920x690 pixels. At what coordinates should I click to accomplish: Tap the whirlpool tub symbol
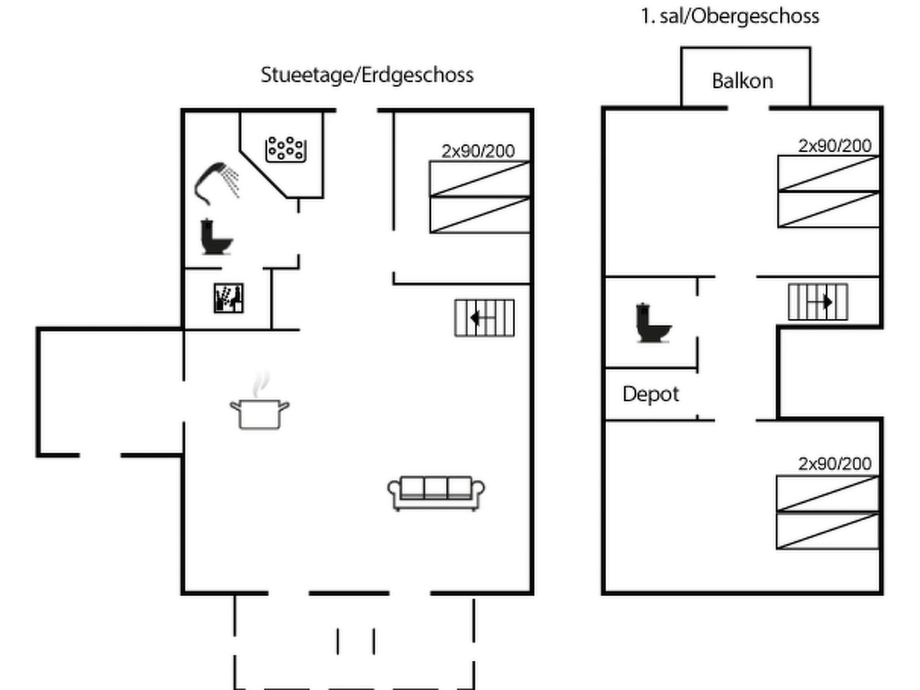coord(285,149)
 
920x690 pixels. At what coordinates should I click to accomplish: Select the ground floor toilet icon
coord(216,237)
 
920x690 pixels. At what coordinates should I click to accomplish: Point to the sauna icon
coord(228,298)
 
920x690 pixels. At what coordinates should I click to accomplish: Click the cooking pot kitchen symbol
coord(259,413)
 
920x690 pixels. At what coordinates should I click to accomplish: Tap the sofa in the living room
coord(436,493)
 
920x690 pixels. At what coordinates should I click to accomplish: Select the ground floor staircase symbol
coord(484,317)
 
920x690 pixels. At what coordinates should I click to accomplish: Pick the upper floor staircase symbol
coord(818,302)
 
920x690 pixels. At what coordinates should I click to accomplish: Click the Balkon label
coord(742,81)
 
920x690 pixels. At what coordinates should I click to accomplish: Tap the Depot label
coord(650,394)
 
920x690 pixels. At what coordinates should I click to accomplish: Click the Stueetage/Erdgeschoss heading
coord(367,75)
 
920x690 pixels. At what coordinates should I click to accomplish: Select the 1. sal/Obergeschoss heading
coord(730,16)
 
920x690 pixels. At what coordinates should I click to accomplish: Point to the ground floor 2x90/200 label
coord(478,151)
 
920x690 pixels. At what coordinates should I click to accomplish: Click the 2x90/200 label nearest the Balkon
coord(834,146)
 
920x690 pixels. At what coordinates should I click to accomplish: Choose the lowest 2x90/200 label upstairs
coord(834,463)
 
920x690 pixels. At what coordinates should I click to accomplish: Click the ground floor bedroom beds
coord(480,197)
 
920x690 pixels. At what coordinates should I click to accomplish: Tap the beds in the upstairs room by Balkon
coord(828,191)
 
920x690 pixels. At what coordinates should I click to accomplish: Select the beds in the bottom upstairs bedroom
coord(827,512)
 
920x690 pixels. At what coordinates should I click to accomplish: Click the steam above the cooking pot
coord(262,382)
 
